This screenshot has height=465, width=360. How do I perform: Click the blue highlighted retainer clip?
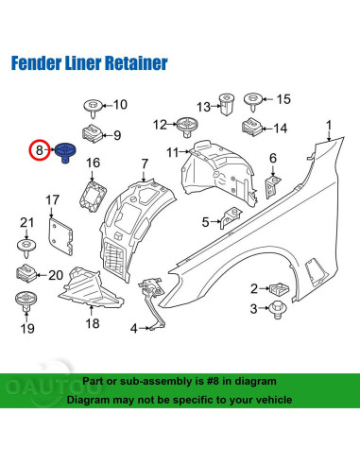point(65,152)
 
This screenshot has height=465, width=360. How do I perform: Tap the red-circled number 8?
point(40,150)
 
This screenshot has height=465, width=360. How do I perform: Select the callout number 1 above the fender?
point(329,126)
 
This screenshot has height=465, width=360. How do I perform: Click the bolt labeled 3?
point(278,309)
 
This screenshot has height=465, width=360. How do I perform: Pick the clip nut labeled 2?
point(279,289)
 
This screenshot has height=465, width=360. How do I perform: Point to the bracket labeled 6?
point(272,187)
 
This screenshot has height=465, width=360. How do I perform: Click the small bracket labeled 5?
point(231,216)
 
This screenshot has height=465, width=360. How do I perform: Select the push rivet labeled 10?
point(93,109)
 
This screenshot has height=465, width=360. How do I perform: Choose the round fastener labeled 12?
point(186,128)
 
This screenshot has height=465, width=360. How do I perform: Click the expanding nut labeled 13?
point(226,104)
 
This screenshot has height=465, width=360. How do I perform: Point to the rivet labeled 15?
point(253,101)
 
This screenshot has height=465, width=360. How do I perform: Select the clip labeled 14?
point(251,127)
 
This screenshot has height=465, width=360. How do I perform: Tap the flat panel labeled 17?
point(60,235)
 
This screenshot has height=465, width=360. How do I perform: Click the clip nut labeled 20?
point(26,273)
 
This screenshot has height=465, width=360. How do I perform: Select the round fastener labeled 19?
point(26,301)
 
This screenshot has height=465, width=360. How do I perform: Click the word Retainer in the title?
point(136,63)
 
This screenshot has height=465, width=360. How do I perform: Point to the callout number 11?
point(173,153)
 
